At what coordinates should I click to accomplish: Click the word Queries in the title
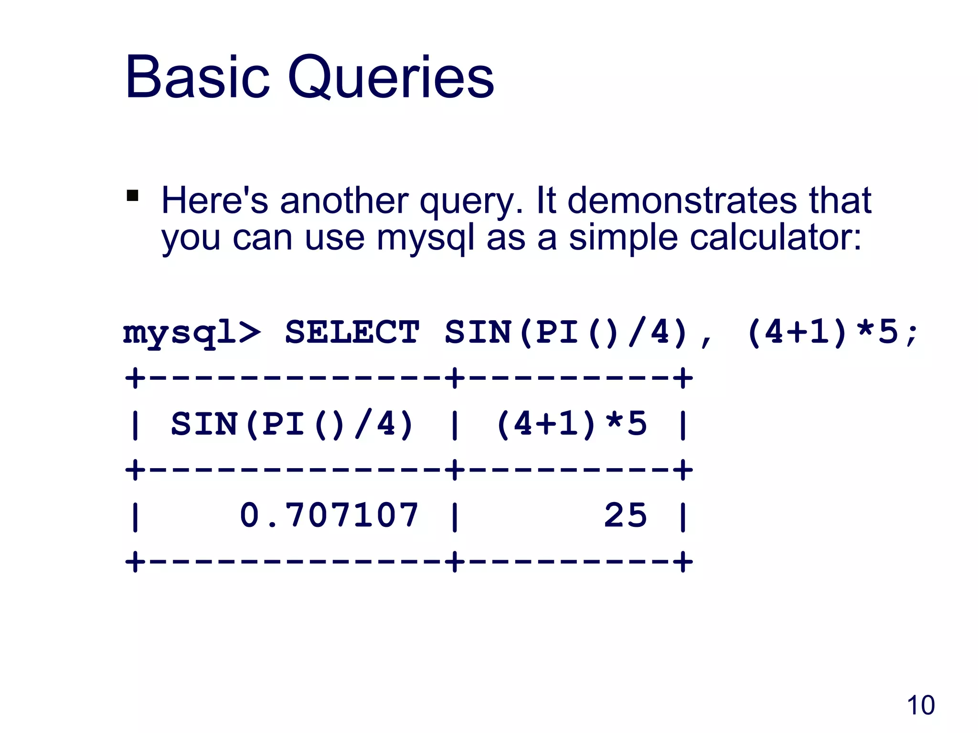pos(391,78)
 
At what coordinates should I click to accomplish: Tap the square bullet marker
pos(132,196)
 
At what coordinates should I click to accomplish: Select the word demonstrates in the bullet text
pos(682,200)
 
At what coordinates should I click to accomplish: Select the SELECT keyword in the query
pos(352,332)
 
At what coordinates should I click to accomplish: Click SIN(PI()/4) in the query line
pos(566,332)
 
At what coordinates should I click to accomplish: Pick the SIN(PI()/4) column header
pos(292,424)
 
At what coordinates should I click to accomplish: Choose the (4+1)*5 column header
pos(571,424)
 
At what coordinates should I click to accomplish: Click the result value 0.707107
pos(329,515)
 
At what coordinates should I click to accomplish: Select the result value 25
pos(626,515)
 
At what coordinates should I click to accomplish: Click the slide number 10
pos(920,705)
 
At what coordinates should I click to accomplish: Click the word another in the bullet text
pos(344,200)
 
